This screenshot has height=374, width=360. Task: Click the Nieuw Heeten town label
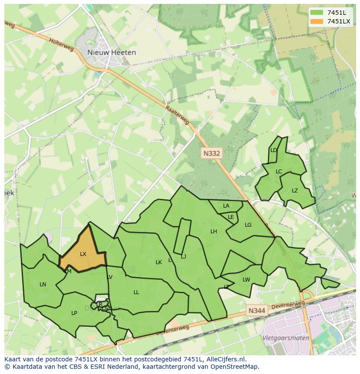click(x=112, y=53)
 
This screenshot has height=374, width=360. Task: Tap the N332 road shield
click(x=212, y=153)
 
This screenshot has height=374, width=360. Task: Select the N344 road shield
click(x=256, y=311)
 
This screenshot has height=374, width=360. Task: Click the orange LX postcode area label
click(x=83, y=254)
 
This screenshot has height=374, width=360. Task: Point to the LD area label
click(x=274, y=150)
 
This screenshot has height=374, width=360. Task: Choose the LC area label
click(x=279, y=172)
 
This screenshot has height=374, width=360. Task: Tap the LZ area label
click(x=295, y=191)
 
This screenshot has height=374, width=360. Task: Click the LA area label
click(x=226, y=206)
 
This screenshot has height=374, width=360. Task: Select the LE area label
click(x=231, y=217)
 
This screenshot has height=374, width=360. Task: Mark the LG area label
click(x=248, y=225)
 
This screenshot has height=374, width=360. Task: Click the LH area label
click(x=213, y=232)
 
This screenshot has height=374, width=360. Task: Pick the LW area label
click(x=247, y=280)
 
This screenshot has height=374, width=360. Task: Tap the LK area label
click(x=159, y=262)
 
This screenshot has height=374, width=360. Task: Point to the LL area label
click(x=136, y=292)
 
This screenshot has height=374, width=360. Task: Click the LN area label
click(x=43, y=285)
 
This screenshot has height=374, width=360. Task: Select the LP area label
click(x=74, y=313)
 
